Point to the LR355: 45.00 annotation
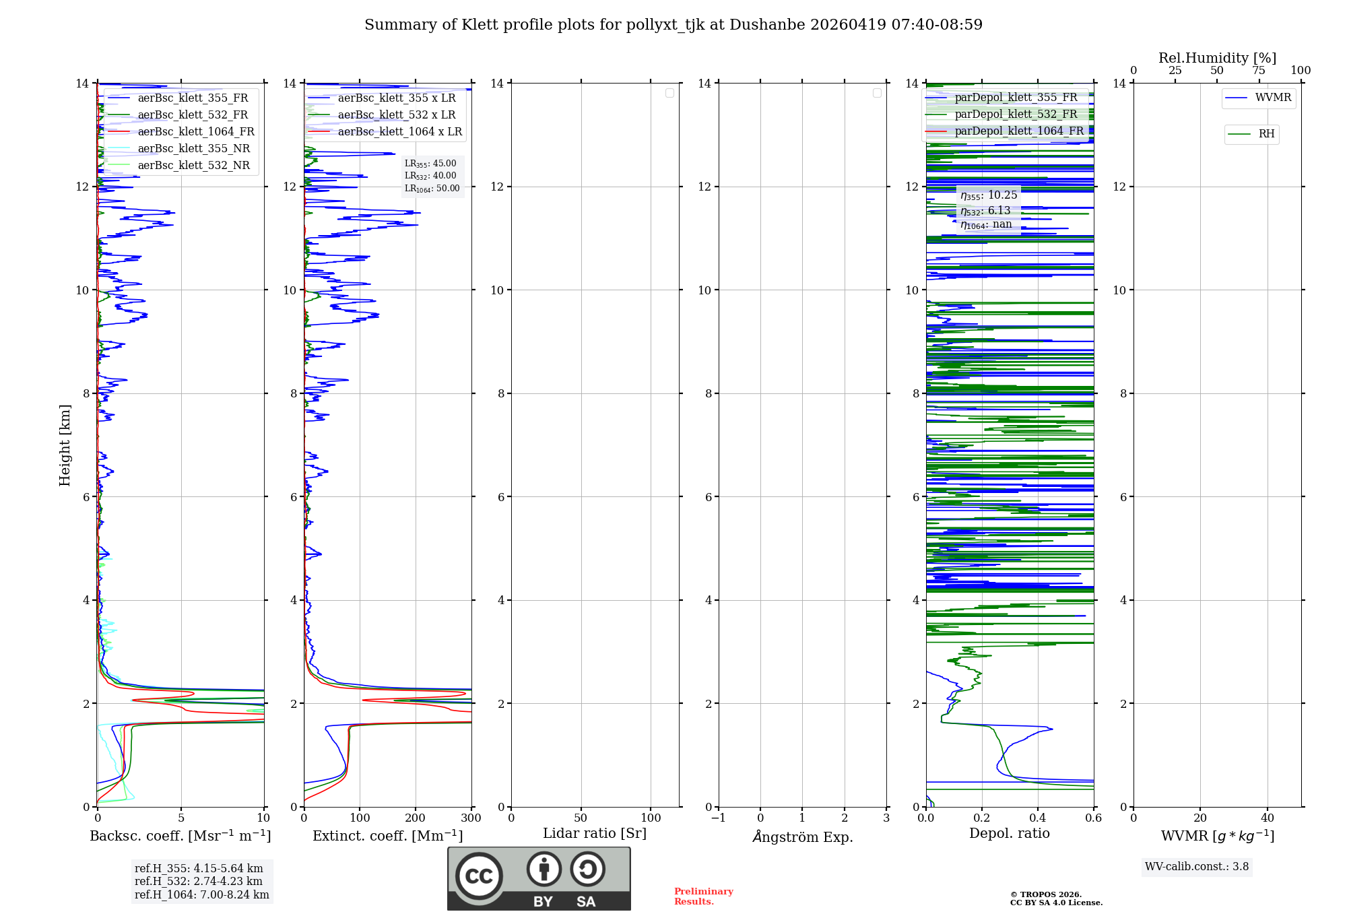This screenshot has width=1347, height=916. coord(430,164)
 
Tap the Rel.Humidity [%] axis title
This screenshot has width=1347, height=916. coord(1217,58)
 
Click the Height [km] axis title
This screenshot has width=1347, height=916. coord(65,445)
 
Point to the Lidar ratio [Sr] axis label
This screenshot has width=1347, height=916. coord(595,834)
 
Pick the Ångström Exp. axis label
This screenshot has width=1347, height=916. coord(803,837)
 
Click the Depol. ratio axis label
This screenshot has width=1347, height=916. coord(1010,834)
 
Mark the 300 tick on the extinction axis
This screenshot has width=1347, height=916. coord(471,818)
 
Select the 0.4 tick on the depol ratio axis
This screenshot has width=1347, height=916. coord(1038,818)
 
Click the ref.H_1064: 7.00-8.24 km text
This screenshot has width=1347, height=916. coord(202,895)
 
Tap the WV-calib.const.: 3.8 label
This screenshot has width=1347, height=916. coord(1197,867)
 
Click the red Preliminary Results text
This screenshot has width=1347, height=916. coord(703,896)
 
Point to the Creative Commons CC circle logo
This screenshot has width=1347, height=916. coord(479,876)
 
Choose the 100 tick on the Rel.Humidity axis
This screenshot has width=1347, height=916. coord(1301,71)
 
